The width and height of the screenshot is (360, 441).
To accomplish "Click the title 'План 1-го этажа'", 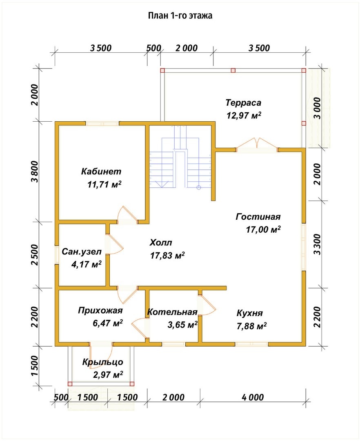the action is point(180,16).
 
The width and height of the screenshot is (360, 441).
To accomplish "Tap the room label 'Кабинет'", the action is point(101,171).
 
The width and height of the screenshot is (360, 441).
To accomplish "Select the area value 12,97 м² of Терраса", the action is point(244,115).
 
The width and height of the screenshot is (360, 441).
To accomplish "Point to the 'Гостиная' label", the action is point(258,217).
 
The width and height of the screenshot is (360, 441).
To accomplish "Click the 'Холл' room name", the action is point(161,243).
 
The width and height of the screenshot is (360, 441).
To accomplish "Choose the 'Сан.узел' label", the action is point(82,252).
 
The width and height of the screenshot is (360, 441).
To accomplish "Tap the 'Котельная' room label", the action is point(172,312).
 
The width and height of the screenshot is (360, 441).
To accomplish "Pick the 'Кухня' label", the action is point(249,313).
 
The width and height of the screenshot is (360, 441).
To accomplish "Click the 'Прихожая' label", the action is point(100,310).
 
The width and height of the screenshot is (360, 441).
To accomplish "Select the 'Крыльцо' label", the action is point(102,362).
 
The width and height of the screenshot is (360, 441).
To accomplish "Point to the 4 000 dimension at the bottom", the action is point(253,397).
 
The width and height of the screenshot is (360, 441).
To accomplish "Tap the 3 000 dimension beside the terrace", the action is point(317,108).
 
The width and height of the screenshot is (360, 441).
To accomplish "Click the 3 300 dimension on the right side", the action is point(317,244).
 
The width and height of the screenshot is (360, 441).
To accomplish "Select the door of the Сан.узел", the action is point(114,244).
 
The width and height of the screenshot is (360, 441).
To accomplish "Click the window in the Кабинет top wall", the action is point(102,123).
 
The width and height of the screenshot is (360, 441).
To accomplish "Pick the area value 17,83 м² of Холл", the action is point(167,255).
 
